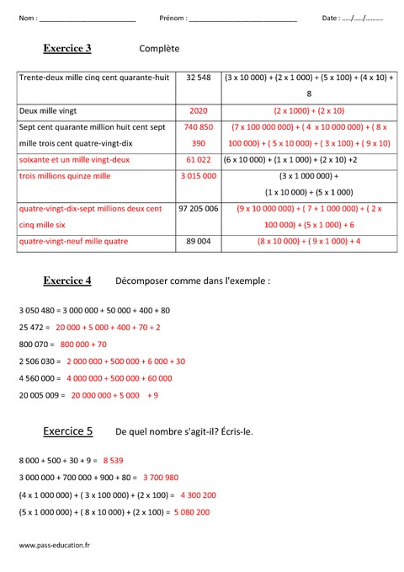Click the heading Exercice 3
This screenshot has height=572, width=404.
67,49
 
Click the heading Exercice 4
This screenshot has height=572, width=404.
67,280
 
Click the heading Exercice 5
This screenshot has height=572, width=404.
68,431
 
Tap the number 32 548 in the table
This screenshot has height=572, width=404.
199,78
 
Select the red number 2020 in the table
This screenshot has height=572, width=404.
199,110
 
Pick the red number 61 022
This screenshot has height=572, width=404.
199,159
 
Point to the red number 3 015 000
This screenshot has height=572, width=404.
199,176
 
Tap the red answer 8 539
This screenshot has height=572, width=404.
114,461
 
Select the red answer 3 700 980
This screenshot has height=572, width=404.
161,478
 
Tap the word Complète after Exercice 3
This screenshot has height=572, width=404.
160,50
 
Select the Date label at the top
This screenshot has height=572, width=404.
331,18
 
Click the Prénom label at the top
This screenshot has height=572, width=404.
173,18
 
